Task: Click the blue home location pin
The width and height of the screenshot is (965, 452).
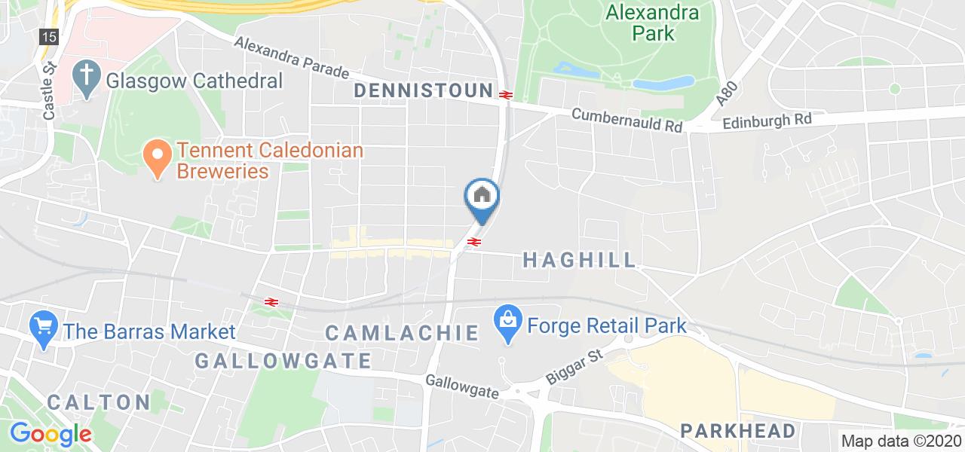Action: [x=482, y=196]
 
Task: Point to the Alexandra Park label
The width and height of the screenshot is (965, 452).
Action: [x=642, y=23]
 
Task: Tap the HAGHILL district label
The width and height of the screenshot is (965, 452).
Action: [x=580, y=261]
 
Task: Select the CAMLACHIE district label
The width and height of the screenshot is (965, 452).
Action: [x=402, y=332]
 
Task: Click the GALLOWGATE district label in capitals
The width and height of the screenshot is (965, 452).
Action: [x=283, y=361]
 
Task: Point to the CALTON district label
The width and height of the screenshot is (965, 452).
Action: [x=99, y=402]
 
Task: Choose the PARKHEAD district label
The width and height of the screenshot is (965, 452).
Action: [x=738, y=431]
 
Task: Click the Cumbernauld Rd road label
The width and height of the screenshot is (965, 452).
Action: [x=627, y=121]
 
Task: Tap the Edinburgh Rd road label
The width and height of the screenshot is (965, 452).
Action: [x=767, y=121]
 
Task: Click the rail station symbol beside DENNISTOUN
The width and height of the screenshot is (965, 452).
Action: [x=505, y=94]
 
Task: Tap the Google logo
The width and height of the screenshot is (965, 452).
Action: [x=50, y=434]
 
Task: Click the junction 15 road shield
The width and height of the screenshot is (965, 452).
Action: [x=49, y=36]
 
